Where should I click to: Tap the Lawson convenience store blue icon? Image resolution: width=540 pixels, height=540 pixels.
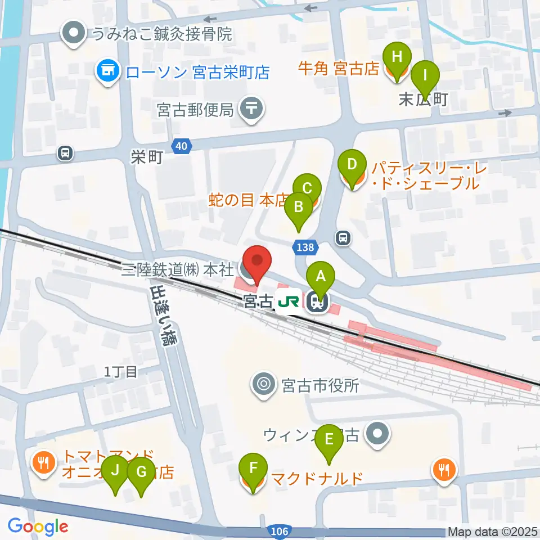coord(107,71)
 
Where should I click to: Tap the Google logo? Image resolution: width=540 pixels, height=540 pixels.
coord(38,526)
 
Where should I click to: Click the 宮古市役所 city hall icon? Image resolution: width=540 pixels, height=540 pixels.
coord(263,385)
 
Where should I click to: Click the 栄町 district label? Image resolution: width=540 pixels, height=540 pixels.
coord(147,157)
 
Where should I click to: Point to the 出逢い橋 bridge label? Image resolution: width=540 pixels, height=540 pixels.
coord(161,316)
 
